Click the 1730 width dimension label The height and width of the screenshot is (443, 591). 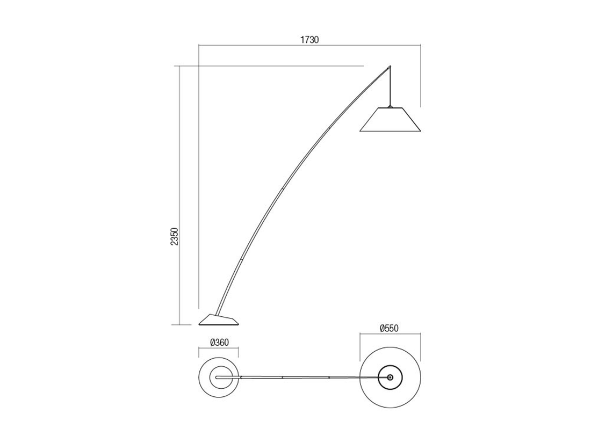click(309, 40)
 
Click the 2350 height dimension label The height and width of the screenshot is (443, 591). click(174, 237)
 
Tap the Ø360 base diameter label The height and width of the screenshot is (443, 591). click(219, 343)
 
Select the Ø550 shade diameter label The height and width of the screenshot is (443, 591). click(388, 329)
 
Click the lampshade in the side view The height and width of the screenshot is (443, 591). click(390, 119)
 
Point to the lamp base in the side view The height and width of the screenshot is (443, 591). click(219, 319)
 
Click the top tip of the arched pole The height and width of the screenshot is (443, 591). click(390, 66)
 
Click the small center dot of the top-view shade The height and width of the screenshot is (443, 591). click(390, 377)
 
